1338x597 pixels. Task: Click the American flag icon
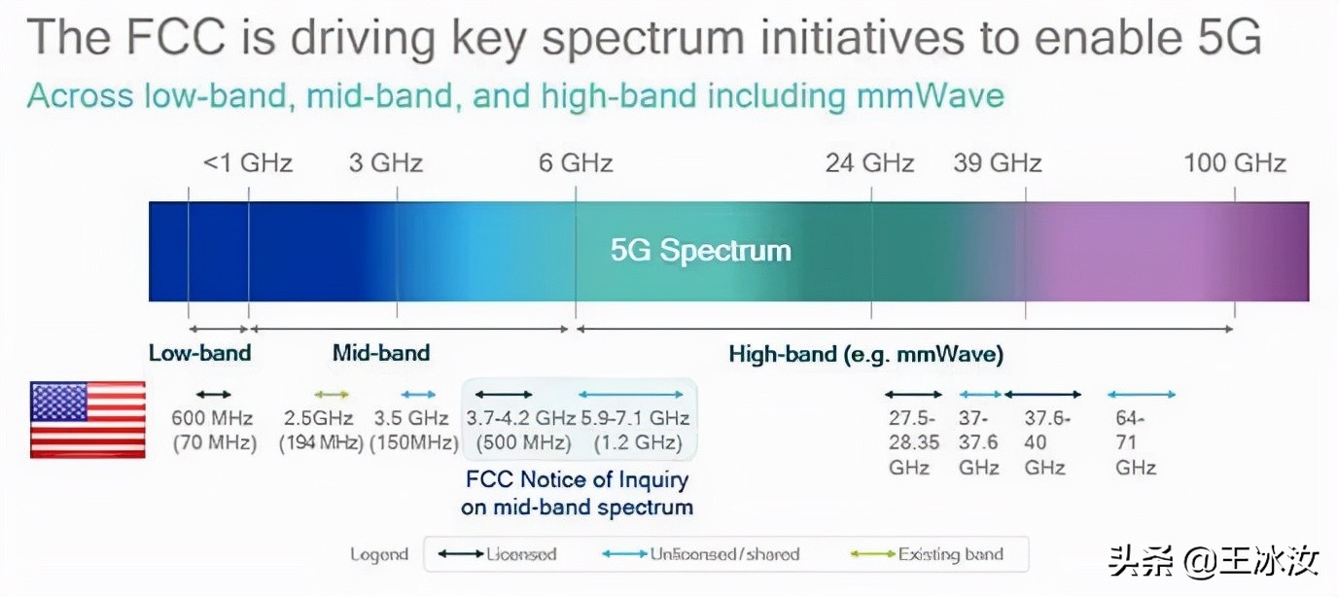click(88, 419)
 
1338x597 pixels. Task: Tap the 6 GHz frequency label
click(576, 162)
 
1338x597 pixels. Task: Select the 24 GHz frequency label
click(869, 162)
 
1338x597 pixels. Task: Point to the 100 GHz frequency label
click(1234, 162)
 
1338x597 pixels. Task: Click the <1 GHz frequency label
click(247, 162)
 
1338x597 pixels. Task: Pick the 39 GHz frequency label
click(997, 162)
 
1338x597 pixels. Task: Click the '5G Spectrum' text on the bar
click(700, 251)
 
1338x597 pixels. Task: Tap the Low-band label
click(199, 353)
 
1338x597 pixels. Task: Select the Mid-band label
click(381, 353)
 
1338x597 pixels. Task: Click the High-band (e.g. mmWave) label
click(865, 354)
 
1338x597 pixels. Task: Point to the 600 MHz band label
click(213, 430)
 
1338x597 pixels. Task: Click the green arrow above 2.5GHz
click(332, 395)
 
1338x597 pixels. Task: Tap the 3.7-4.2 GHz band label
click(521, 430)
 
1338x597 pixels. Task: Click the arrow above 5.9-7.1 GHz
click(631, 395)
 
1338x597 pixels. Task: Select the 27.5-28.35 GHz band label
click(913, 442)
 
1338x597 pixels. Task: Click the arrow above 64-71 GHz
click(1142, 395)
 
